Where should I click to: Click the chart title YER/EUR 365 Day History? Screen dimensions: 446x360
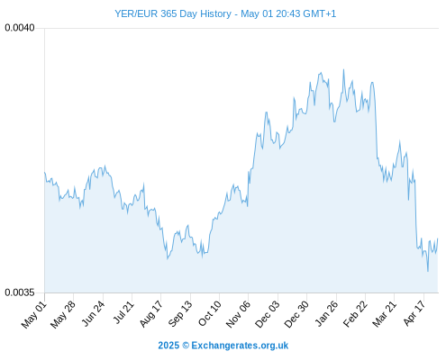173,13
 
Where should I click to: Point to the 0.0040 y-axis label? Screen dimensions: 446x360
20,28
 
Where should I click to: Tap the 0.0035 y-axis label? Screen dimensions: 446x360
20,292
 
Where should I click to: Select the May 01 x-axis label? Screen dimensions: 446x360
34,315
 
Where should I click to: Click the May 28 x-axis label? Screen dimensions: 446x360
63,315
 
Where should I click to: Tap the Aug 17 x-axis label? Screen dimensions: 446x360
151,314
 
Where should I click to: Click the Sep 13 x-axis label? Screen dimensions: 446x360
180,314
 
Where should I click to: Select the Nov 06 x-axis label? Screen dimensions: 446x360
238,314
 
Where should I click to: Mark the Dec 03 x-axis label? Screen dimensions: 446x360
268,314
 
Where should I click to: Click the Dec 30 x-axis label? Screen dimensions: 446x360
296,314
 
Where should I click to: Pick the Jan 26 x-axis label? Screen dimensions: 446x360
326,314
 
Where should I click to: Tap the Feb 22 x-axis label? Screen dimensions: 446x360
355,314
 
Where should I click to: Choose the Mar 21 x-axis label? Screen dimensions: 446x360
385,314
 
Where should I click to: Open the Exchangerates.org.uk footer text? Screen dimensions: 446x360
240,346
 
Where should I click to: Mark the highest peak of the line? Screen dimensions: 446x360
343,70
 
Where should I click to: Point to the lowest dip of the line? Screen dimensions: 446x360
428,271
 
